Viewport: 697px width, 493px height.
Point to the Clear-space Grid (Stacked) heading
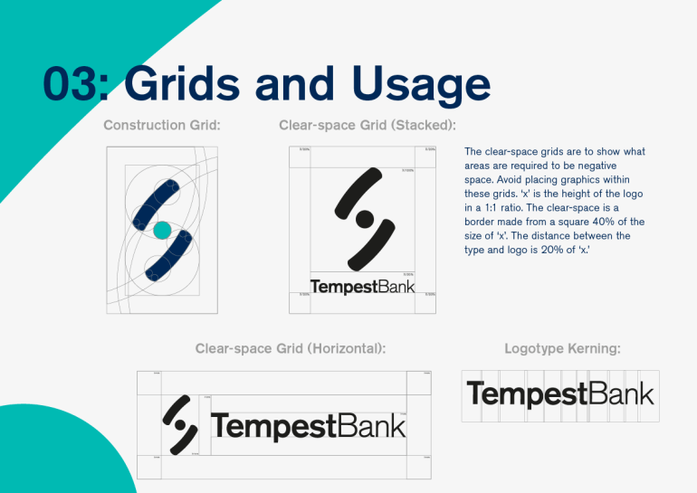(367, 125)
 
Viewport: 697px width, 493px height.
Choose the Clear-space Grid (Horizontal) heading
(291, 347)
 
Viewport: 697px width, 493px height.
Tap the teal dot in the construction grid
(161, 231)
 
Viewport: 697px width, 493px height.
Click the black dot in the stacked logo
(363, 218)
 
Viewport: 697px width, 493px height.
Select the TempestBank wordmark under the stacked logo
(362, 287)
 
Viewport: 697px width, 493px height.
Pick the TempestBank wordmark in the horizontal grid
(308, 425)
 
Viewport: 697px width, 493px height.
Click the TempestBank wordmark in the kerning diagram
(559, 394)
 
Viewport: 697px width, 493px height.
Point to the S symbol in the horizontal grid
(181, 423)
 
